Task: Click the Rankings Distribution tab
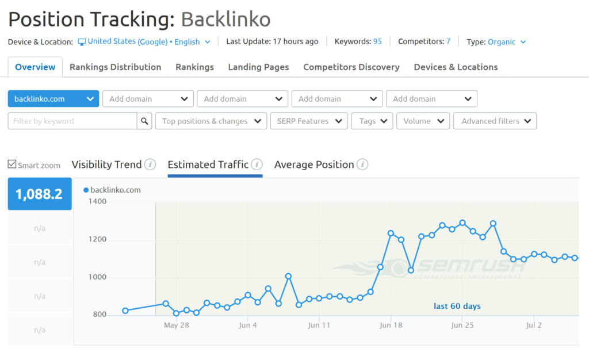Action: (115, 67)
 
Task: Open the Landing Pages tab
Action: (258, 67)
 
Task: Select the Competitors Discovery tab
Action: (351, 67)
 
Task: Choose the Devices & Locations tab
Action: (456, 67)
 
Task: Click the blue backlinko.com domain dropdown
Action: (53, 99)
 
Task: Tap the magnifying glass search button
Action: (144, 121)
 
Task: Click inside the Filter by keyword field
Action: (72, 121)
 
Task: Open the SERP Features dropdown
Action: (308, 121)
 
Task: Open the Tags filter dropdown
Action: (372, 121)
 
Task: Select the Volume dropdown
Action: (423, 121)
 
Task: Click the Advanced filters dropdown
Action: (495, 121)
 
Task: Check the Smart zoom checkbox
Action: (12, 164)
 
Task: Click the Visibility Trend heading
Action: (106, 164)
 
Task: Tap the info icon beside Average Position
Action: (362, 165)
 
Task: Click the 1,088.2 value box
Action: (39, 194)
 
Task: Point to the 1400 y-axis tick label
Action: (97, 202)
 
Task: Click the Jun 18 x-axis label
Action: (391, 325)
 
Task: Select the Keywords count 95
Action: (377, 41)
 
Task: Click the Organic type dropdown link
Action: (506, 41)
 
